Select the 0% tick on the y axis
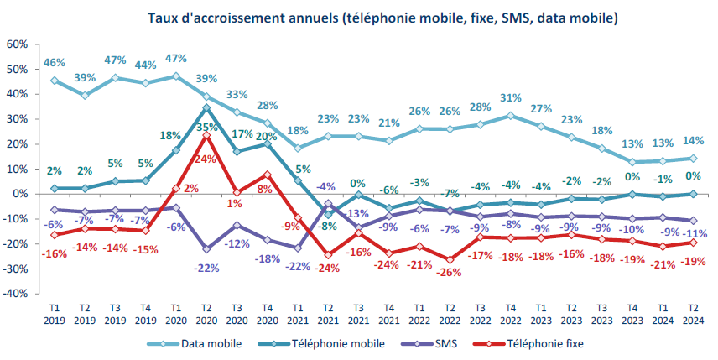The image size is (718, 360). [x=19, y=194]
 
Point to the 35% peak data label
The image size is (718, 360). [x=206, y=128]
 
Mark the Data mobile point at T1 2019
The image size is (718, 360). [x=55, y=81]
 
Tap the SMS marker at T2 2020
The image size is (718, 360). [x=206, y=248]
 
